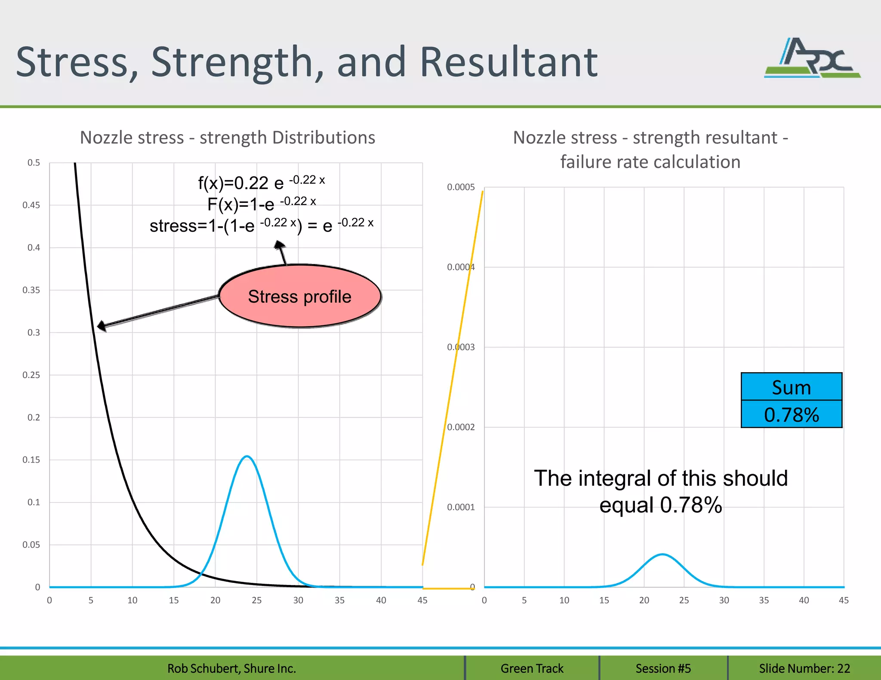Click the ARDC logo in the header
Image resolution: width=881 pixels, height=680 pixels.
812,58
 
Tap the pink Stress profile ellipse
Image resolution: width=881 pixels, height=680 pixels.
300,297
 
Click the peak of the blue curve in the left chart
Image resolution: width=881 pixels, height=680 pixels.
246,456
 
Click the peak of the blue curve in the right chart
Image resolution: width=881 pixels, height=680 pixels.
662,554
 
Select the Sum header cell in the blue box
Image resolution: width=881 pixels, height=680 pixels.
791,387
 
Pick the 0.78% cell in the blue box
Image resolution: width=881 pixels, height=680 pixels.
791,414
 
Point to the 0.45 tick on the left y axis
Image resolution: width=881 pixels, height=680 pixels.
31,205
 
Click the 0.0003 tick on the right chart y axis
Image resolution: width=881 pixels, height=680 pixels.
461,347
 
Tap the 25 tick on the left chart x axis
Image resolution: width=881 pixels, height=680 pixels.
257,600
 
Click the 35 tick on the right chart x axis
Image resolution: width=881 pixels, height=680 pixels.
764,600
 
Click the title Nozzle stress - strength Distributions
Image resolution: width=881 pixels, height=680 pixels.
228,138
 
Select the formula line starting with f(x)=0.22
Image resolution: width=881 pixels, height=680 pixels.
261,182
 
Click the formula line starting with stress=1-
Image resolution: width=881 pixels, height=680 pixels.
261,225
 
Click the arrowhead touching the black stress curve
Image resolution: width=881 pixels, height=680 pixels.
101,326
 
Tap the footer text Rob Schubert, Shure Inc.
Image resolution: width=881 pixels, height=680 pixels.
231,668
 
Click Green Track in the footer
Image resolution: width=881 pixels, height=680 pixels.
532,668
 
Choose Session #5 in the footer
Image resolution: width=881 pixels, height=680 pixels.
663,668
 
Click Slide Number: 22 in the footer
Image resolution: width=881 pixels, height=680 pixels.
804,668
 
